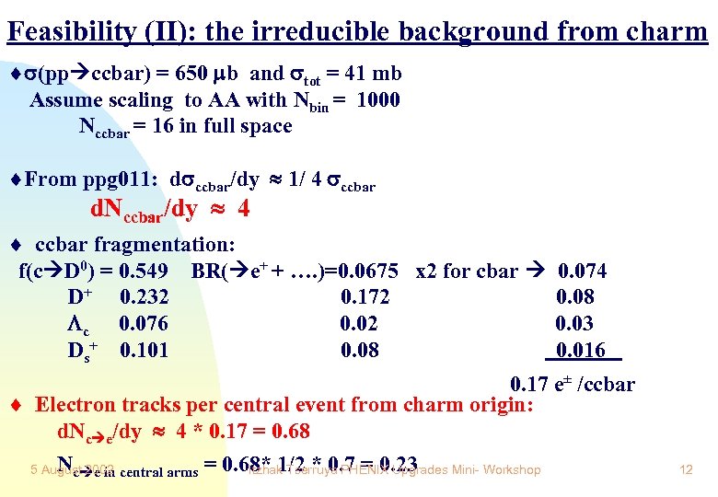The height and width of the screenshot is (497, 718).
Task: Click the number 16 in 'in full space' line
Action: [162, 126]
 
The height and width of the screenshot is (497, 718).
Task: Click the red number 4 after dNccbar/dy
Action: [243, 209]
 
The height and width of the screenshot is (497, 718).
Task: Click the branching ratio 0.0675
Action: [367, 272]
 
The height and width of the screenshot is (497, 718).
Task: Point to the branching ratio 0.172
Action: [365, 297]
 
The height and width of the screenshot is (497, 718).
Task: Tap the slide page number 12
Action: [685, 470]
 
